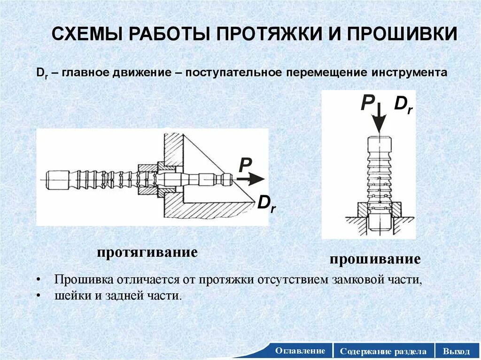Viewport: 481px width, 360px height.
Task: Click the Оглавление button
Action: (x=300, y=351)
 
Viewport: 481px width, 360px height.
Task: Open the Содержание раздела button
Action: (x=383, y=351)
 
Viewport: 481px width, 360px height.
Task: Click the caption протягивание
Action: (x=147, y=252)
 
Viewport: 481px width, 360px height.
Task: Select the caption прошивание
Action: (x=374, y=260)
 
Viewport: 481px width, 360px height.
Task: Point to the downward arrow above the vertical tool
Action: (x=380, y=119)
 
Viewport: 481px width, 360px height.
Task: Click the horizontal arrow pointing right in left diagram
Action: (x=250, y=179)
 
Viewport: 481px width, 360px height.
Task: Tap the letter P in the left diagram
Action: (x=245, y=165)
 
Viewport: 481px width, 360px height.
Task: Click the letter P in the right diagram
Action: (x=367, y=103)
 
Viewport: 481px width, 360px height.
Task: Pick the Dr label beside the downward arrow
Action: (x=403, y=104)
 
